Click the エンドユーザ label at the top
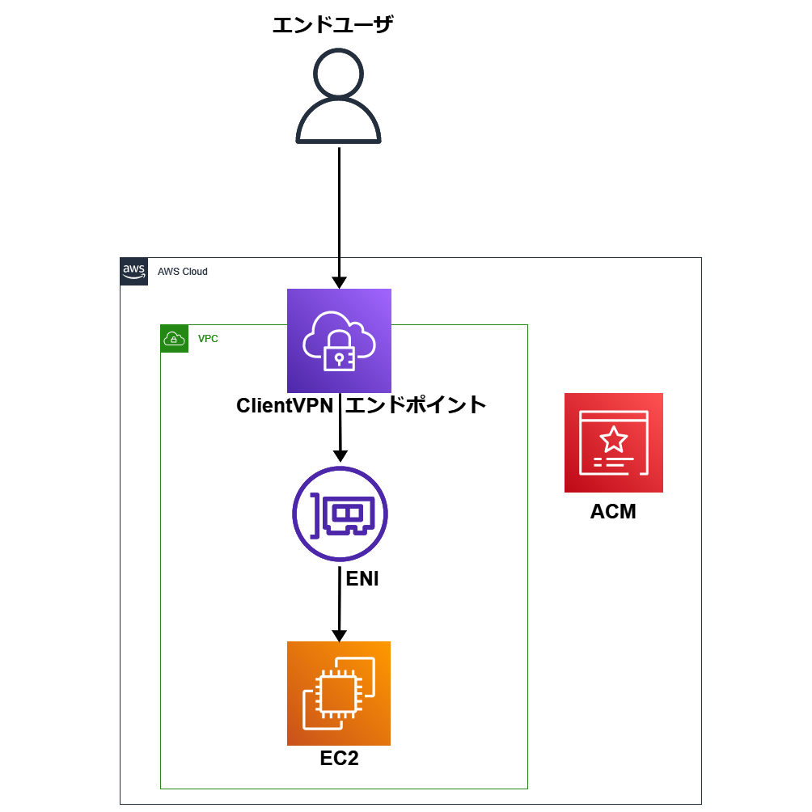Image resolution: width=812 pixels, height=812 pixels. click(x=332, y=25)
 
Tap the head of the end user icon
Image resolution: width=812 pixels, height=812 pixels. click(x=338, y=74)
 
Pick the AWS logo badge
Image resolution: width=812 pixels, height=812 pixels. click(x=133, y=271)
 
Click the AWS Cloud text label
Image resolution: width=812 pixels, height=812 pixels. click(x=183, y=272)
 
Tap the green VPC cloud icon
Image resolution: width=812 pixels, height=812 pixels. click(x=174, y=339)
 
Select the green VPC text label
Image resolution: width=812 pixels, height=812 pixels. click(x=208, y=339)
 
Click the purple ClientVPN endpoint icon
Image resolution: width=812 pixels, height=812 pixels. click(x=339, y=340)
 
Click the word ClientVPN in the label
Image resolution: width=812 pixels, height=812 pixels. click(x=285, y=405)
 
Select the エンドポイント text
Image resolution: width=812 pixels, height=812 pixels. click(x=416, y=405)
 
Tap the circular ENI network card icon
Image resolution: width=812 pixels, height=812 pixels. click(x=340, y=514)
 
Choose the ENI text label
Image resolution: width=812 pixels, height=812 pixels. click(x=362, y=579)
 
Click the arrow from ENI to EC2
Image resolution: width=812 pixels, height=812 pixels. click(x=339, y=607)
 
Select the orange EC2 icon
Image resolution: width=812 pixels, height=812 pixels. click(x=339, y=693)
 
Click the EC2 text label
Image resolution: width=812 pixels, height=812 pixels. click(x=339, y=759)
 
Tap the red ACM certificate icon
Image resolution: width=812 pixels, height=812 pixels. click(x=613, y=443)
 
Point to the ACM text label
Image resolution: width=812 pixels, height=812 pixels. click(x=613, y=511)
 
